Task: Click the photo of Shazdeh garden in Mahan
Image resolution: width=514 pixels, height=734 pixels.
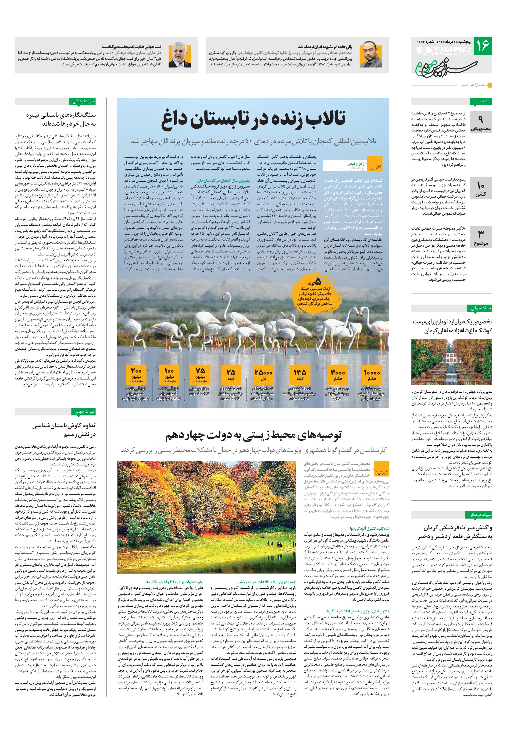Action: pyautogui.click(x=451, y=362)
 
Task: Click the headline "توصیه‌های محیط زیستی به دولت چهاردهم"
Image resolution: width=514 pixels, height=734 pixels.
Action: pyautogui.click(x=253, y=435)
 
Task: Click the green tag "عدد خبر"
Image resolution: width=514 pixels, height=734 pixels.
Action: pyautogui.click(x=480, y=102)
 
